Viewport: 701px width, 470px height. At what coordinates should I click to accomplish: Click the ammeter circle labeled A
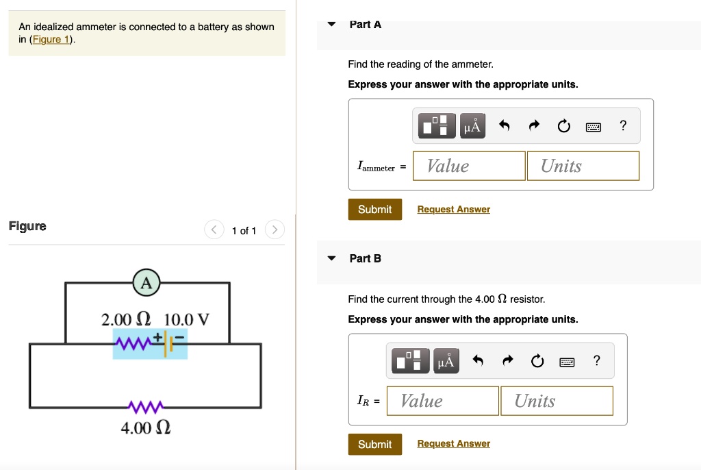[146, 282]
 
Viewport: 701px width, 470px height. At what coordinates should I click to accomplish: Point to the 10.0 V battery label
[187, 319]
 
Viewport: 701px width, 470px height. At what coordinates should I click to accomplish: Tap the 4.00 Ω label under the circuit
[145, 428]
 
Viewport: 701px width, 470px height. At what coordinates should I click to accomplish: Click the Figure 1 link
[52, 39]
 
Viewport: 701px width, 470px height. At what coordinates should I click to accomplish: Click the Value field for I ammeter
[469, 166]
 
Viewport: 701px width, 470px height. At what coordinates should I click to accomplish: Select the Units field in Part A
[583, 166]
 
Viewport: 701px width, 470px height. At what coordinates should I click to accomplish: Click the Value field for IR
[442, 401]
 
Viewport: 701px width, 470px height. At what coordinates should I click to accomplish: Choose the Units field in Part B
[556, 401]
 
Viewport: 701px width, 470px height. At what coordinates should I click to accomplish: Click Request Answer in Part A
[453, 210]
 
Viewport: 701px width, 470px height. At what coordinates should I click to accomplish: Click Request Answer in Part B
[453, 444]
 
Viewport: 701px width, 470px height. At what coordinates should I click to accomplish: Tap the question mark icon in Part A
[622, 125]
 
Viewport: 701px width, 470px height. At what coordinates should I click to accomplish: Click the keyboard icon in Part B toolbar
[567, 361]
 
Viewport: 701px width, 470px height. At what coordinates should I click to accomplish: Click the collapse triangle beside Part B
[332, 258]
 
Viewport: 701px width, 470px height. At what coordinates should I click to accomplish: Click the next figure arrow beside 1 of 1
[274, 230]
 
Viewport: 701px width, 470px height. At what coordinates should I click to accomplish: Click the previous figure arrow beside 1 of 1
[214, 230]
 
